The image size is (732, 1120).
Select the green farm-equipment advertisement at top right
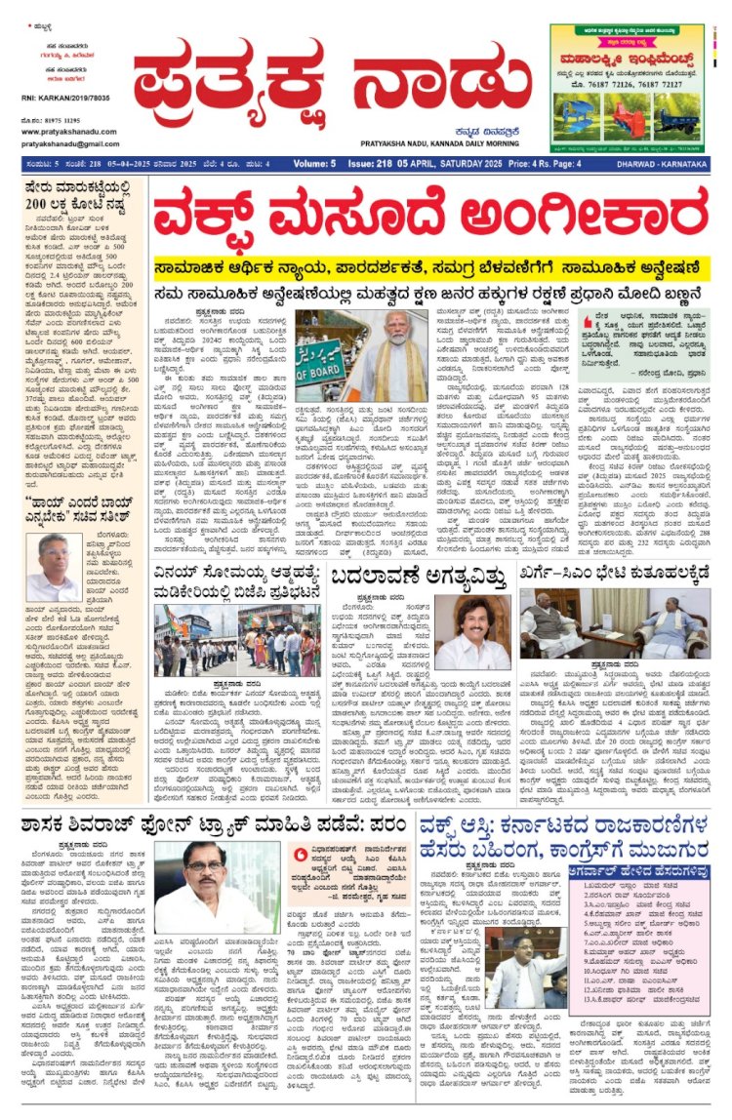point(627,85)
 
